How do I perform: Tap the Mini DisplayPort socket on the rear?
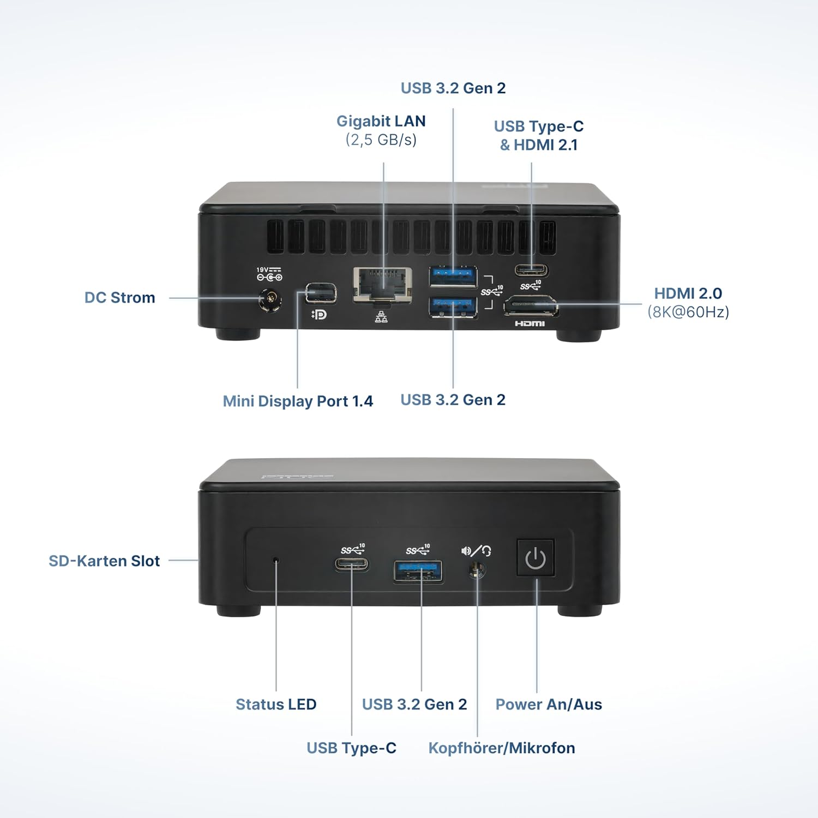[x=321, y=293]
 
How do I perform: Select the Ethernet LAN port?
[x=382, y=284]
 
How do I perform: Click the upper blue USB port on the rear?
[x=453, y=276]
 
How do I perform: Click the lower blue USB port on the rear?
[x=453, y=307]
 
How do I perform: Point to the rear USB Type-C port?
[x=532, y=270]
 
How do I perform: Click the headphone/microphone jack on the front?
[x=477, y=570]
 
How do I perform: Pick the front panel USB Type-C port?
[x=352, y=564]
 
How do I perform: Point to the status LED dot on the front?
[x=276, y=560]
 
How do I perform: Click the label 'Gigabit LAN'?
[x=381, y=121]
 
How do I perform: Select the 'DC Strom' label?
[x=120, y=298]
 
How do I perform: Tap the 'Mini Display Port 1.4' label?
[x=298, y=401]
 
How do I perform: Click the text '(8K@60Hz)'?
[x=688, y=312]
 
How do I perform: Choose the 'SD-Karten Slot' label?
[x=104, y=561]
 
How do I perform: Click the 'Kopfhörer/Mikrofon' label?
[x=502, y=748]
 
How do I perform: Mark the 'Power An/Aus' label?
[x=549, y=705]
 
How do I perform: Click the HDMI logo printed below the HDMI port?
[x=530, y=324]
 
